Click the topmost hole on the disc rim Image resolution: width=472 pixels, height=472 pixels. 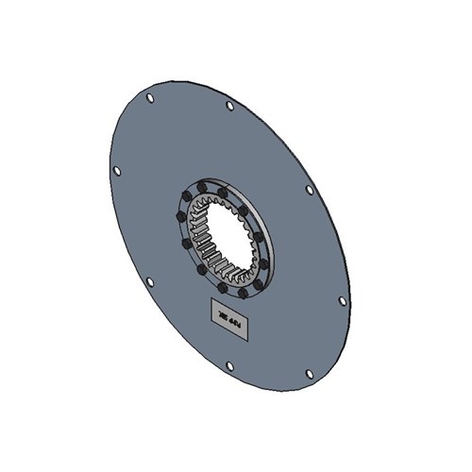pyautogui.click(x=149, y=97)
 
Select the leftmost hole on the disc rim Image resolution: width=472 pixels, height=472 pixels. pyautogui.click(x=116, y=171)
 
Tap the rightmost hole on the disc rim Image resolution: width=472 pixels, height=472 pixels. pyautogui.click(x=342, y=301)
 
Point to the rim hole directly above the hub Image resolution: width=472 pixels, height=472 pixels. pyautogui.click(x=229, y=106)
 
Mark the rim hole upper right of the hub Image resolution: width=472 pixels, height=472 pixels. pyautogui.click(x=309, y=190)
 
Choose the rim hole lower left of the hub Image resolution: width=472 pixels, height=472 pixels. pyautogui.click(x=149, y=281)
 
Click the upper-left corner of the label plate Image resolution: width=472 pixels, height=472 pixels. pyautogui.click(x=211, y=299)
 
